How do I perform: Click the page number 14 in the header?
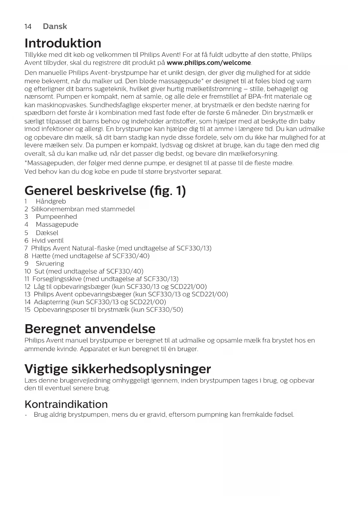28,27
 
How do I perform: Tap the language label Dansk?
55,26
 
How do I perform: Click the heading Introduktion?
63,43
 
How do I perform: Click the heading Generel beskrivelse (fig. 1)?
105,191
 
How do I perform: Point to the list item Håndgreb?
51,201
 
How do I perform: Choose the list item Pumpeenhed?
56,217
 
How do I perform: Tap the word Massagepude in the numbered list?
57,225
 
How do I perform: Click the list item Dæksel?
47,233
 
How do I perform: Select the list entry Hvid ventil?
48,241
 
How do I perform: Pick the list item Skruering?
50,263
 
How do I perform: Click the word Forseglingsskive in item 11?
57,279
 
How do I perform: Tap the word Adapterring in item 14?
51,302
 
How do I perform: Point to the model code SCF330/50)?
164,310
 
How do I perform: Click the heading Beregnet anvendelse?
90,329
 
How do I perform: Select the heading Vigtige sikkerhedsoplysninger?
118,369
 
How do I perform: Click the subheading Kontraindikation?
66,404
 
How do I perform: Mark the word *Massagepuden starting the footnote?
49,163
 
